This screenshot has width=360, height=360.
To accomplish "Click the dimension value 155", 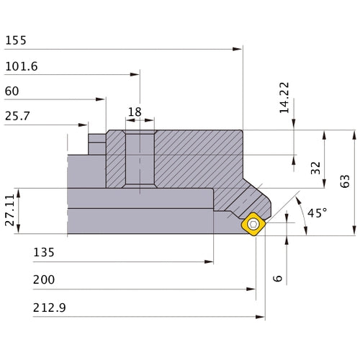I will coord(14,40).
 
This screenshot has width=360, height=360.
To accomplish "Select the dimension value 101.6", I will coord(21,66).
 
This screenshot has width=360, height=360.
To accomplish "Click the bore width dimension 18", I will coord(135,112).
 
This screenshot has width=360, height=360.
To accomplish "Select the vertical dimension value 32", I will coord(315,168).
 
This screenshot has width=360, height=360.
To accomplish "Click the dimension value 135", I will coord(43,253).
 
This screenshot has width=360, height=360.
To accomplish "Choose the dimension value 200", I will coord(45,279).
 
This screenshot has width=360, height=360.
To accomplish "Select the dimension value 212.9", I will coord(49,307).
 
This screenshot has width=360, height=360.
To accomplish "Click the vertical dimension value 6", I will coord(278,277).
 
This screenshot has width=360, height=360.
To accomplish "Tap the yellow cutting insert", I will coord(254,223).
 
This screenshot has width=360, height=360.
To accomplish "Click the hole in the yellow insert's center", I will coord(254,223).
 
